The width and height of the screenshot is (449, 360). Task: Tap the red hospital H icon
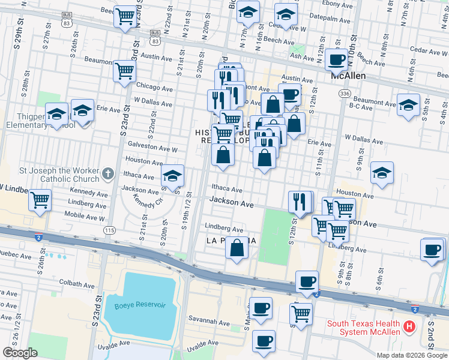click(409, 327)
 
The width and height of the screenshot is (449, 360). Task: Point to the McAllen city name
click(349, 76)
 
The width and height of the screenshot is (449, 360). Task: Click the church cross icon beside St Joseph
click(108, 173)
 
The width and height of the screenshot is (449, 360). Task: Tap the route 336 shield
click(344, 94)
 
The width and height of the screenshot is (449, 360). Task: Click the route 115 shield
click(109, 230)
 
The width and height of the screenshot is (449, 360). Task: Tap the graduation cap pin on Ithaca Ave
click(173, 176)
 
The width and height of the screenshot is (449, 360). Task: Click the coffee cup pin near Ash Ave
click(337, 59)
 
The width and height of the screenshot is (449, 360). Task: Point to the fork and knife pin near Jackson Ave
click(300, 201)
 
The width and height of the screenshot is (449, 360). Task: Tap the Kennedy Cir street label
click(147, 199)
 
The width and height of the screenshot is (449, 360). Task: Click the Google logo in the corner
click(20, 353)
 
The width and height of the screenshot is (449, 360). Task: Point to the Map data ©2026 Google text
click(411, 355)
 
